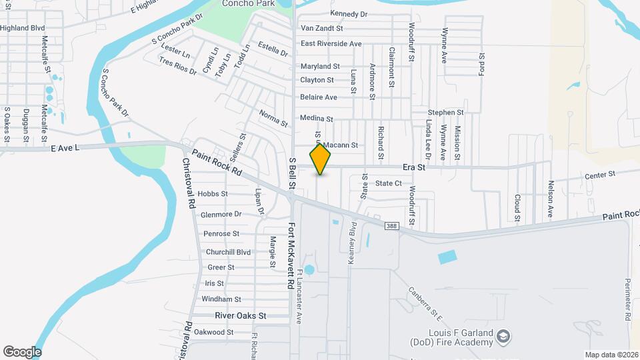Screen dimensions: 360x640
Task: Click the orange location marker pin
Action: (321, 159)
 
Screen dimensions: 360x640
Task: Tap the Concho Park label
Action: (248, 3)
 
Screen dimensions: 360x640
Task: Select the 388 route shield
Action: (392, 227)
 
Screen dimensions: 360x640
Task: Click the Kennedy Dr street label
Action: (349, 13)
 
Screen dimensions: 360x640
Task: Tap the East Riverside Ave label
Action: (331, 44)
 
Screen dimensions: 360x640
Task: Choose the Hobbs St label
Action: (213, 194)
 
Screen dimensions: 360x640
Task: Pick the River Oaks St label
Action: (240, 315)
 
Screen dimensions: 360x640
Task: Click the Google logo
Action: (22, 351)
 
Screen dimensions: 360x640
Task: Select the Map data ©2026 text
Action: (611, 355)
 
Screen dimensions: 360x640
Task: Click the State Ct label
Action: (388, 183)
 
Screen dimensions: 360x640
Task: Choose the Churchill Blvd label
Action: (228, 252)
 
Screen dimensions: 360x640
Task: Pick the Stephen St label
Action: (445, 113)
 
